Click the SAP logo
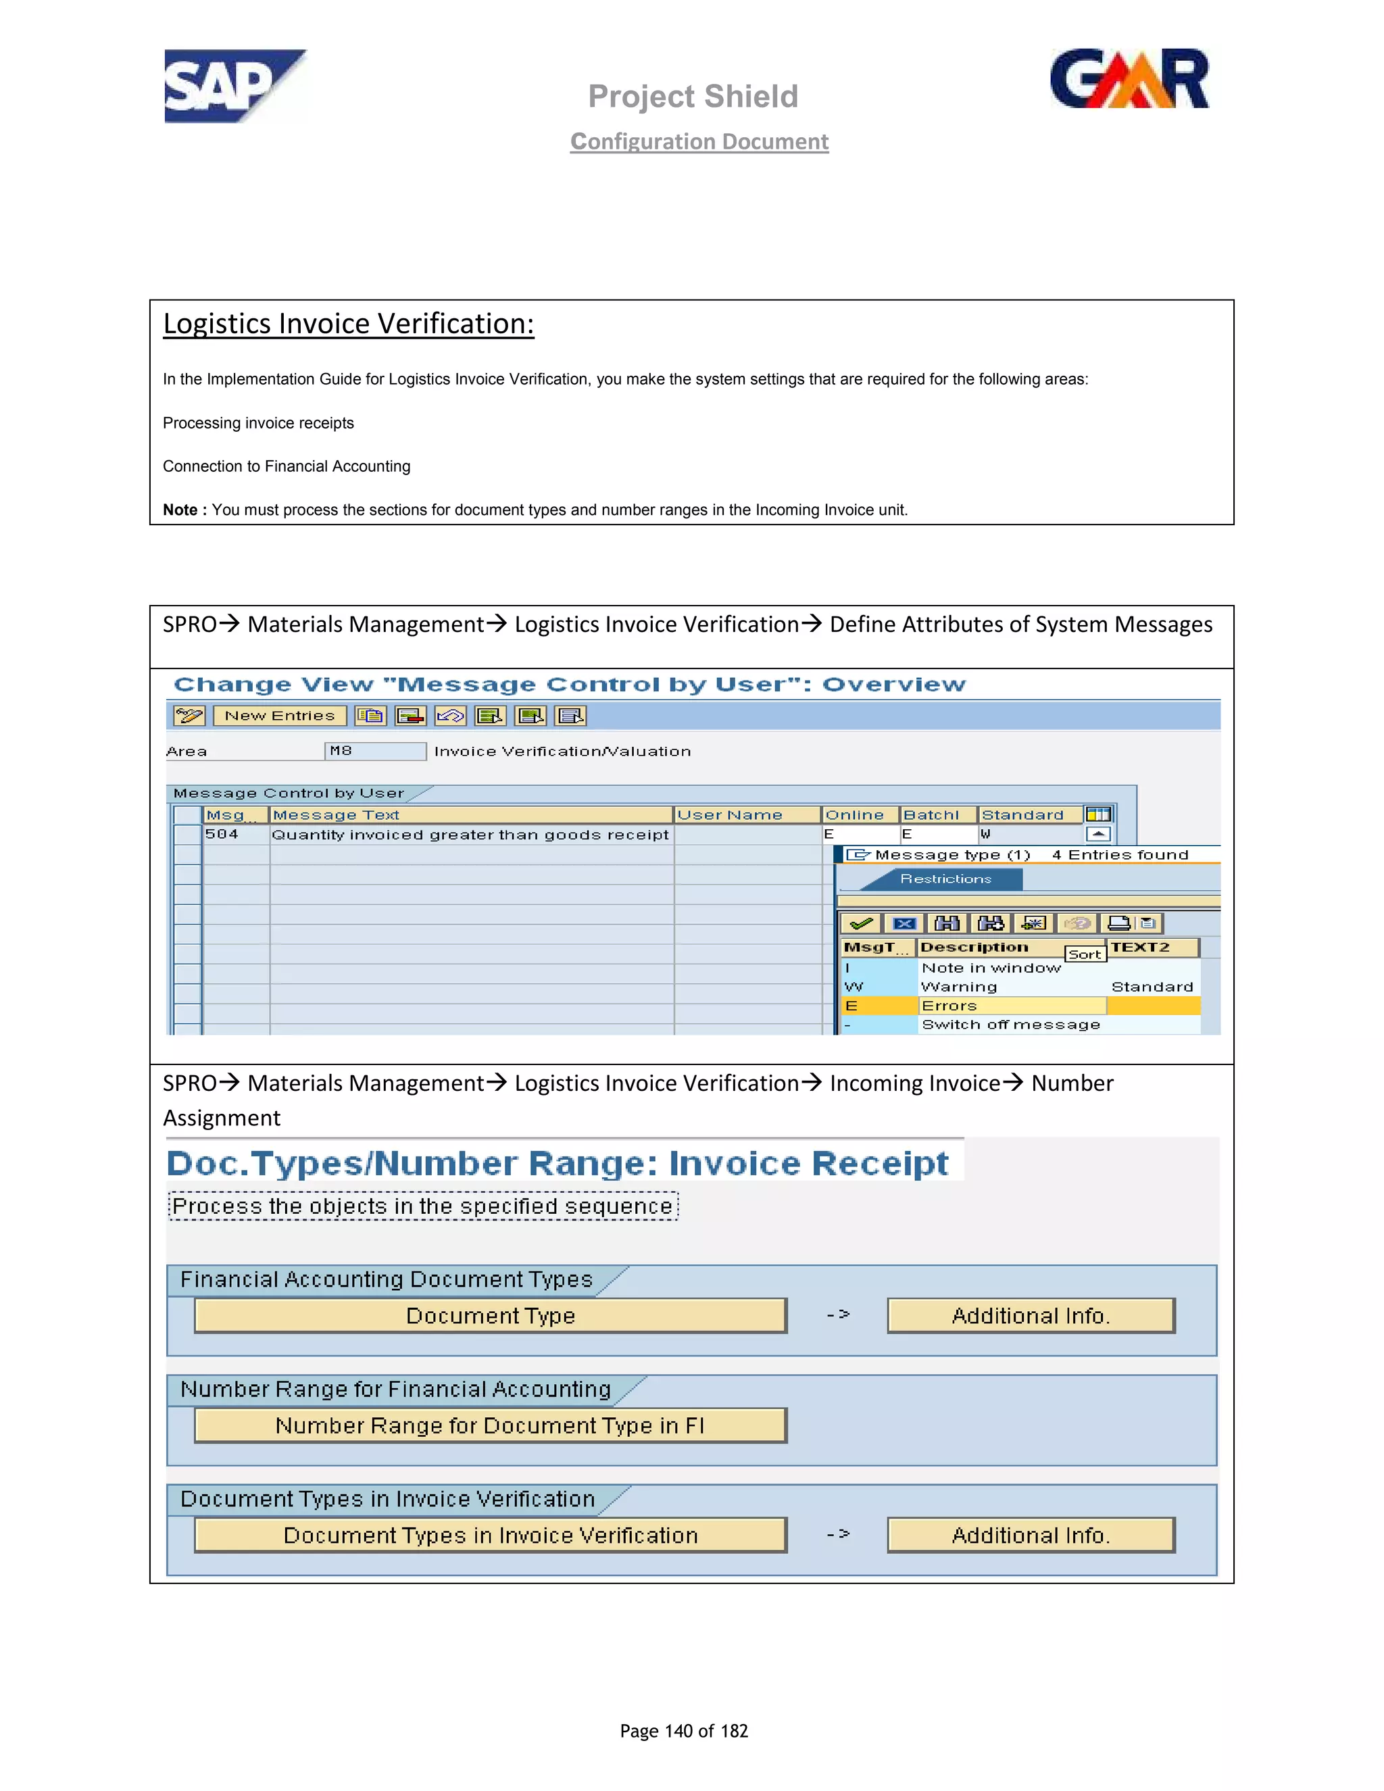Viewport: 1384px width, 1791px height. coord(234,86)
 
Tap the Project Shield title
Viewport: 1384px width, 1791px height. coord(693,97)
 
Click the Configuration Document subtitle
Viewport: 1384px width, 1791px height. coord(699,142)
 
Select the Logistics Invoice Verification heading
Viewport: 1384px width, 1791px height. coord(349,324)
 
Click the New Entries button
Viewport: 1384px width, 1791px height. coord(280,716)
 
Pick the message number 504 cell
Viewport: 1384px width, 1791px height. coord(222,835)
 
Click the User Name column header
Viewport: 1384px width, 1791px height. coord(730,815)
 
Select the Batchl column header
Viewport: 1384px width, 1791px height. coord(931,815)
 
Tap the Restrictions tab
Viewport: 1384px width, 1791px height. coord(945,879)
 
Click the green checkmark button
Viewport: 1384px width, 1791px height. coord(861,923)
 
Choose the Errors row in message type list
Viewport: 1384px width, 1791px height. coord(949,1006)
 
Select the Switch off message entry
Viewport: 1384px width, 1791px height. coord(1010,1025)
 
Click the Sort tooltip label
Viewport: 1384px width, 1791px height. coord(1085,954)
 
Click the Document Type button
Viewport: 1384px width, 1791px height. coord(491,1316)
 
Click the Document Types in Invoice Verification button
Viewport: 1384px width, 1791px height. coord(491,1536)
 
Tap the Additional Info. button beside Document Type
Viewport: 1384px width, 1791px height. coord(1031,1316)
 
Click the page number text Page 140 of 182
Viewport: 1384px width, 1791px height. coord(684,1731)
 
